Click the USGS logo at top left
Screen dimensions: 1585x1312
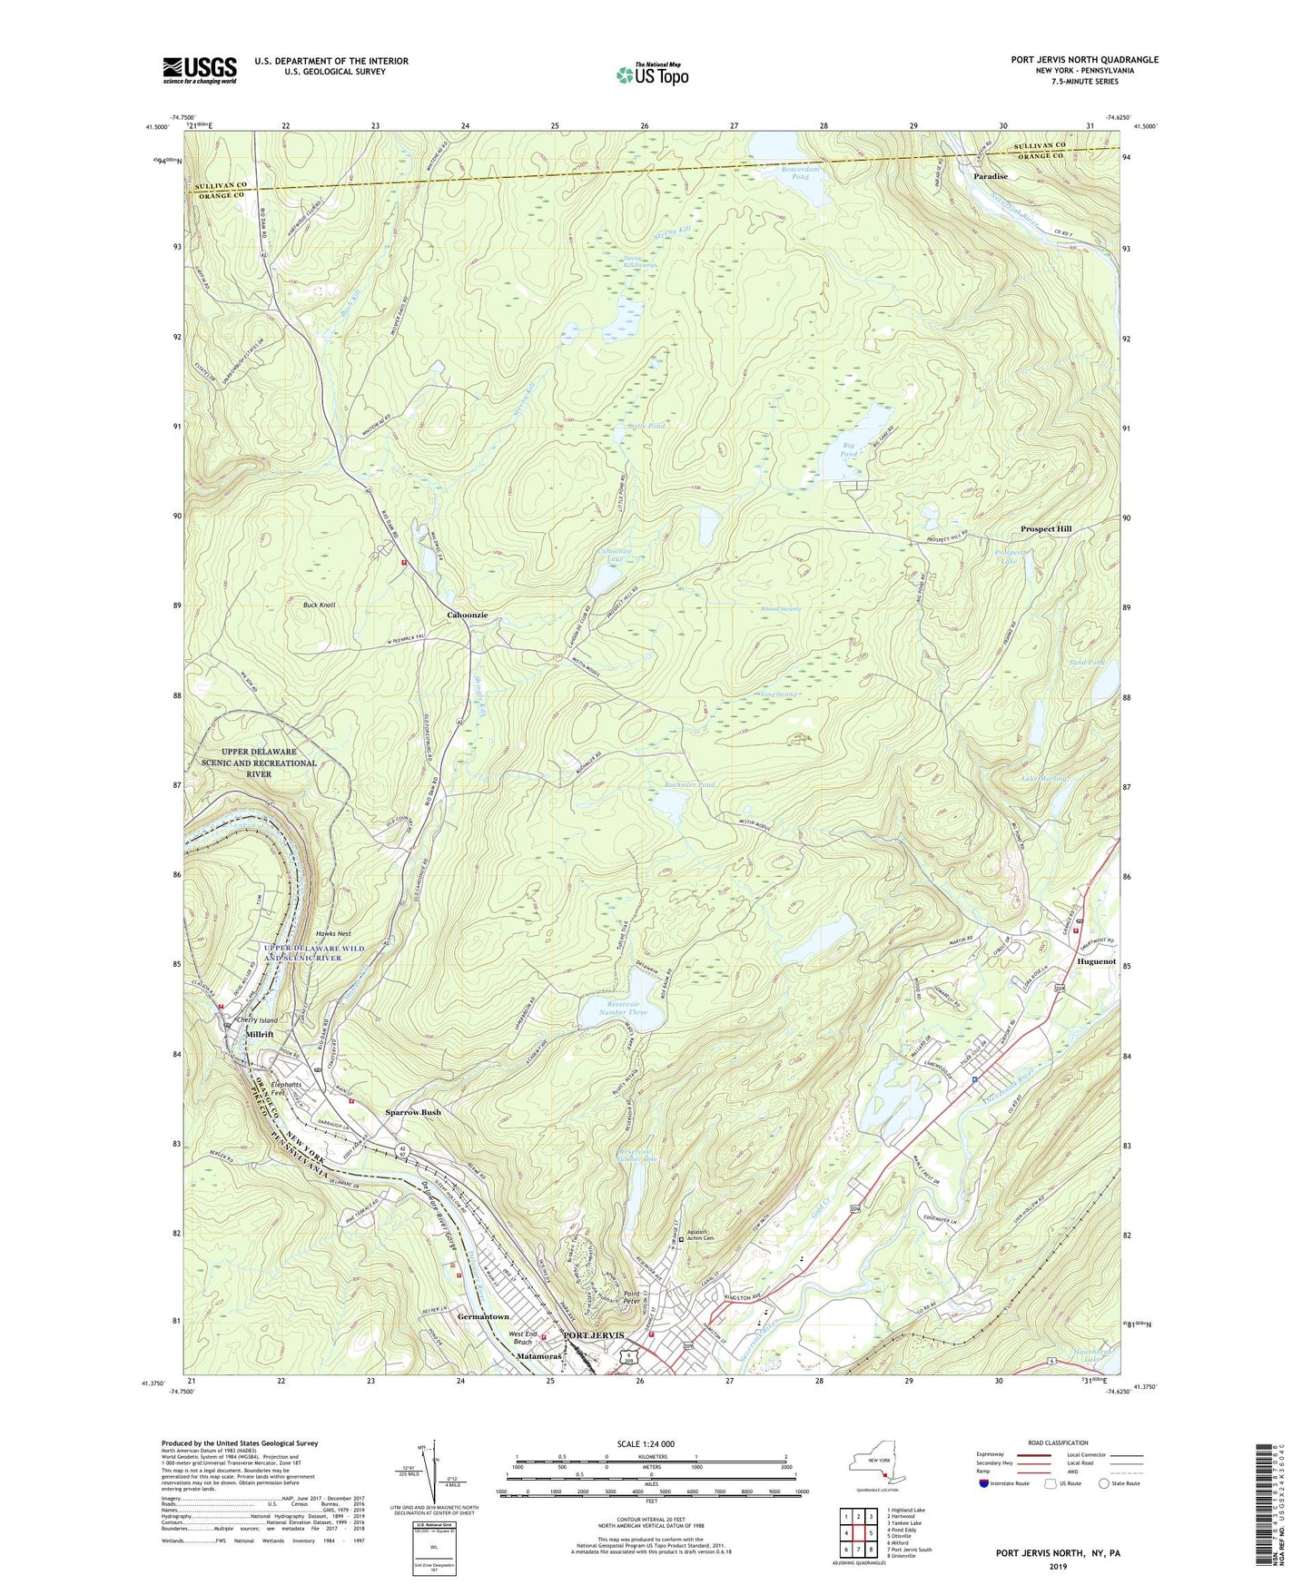pyautogui.click(x=200, y=70)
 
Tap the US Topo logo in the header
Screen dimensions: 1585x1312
pyautogui.click(x=652, y=74)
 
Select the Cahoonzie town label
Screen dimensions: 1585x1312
pyautogui.click(x=467, y=615)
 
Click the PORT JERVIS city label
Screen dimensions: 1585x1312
pyautogui.click(x=594, y=1335)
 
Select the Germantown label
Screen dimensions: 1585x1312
pyautogui.click(x=483, y=1316)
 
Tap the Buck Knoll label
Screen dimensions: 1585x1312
pyautogui.click(x=319, y=605)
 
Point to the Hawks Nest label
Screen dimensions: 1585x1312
pyautogui.click(x=332, y=933)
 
